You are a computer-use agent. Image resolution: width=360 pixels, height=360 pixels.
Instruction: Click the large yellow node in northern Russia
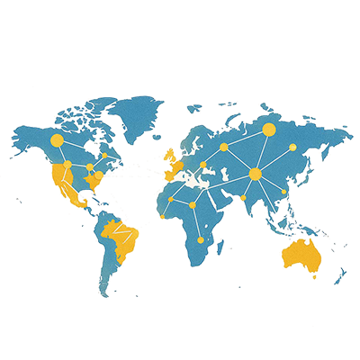267,130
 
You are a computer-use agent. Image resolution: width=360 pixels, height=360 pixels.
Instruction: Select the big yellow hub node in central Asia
255,173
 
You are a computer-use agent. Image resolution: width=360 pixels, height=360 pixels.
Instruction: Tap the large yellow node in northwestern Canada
57,140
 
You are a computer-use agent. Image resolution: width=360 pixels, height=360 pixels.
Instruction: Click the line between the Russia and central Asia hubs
261,151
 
